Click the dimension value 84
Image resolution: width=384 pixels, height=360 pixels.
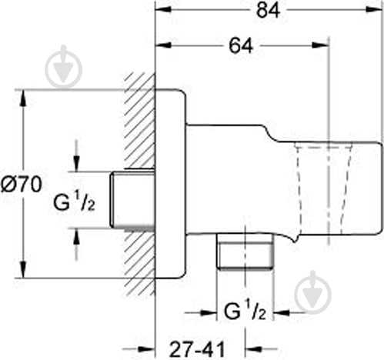pyautogui.click(x=268, y=11)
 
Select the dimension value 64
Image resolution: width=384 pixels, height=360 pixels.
pyautogui.click(x=241, y=46)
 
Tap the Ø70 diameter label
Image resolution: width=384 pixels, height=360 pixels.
pyautogui.click(x=21, y=185)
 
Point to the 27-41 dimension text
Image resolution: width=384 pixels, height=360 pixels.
pyautogui.click(x=197, y=349)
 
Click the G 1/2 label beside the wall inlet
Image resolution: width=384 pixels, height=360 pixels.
pyautogui.click(x=74, y=202)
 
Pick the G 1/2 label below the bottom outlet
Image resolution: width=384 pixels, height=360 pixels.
pyautogui.click(x=245, y=311)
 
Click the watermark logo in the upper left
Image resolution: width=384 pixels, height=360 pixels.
pyautogui.click(x=63, y=67)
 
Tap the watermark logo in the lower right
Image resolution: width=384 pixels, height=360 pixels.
pyautogui.click(x=312, y=292)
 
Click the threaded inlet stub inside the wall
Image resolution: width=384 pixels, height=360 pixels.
pyautogui.click(x=133, y=200)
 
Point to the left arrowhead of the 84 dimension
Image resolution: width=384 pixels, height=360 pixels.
pyautogui.click(x=163, y=9)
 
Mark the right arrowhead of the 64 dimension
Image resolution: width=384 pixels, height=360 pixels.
pyautogui.click(x=320, y=45)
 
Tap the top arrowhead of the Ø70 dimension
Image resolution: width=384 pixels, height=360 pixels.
pyautogui.click(x=23, y=98)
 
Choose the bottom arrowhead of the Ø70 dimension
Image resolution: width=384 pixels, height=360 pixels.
pyautogui.click(x=23, y=270)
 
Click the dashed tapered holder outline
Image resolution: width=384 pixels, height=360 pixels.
pyautogui.click(x=323, y=190)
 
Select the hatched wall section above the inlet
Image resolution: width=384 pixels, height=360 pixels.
pyautogui.click(x=140, y=121)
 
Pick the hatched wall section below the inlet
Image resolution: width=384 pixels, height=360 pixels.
pyautogui.click(x=140, y=262)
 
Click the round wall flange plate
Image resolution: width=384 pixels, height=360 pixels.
pyautogui.click(x=171, y=184)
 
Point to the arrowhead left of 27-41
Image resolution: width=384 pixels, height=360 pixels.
pyautogui.click(x=147, y=349)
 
